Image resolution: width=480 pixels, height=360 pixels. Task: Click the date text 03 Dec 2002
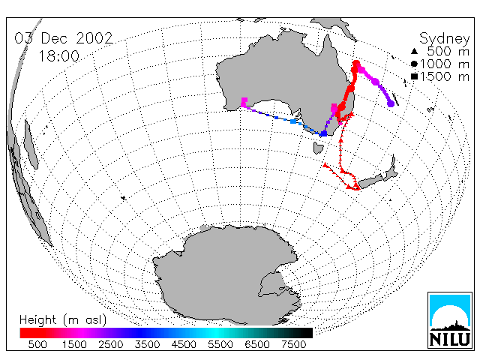click(64, 38)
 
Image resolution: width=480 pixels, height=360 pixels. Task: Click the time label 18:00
click(58, 56)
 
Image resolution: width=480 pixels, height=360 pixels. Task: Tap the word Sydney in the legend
click(444, 39)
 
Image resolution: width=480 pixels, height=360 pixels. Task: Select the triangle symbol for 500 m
click(414, 52)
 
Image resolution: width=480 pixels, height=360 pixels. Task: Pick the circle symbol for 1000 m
click(414, 64)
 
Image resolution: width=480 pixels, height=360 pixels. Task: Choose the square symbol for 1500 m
click(414, 76)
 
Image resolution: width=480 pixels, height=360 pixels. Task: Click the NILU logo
click(450, 320)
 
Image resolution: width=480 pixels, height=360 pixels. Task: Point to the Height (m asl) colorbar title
click(63, 320)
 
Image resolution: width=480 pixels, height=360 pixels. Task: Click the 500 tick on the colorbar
click(37, 345)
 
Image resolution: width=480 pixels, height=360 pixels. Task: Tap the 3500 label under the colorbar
click(147, 345)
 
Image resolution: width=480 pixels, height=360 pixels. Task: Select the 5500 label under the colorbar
click(220, 345)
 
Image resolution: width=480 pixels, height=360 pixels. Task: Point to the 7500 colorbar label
click(293, 345)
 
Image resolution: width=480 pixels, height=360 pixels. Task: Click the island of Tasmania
click(318, 148)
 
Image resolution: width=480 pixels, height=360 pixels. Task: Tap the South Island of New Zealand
click(370, 181)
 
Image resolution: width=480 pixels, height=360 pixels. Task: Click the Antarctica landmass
click(226, 275)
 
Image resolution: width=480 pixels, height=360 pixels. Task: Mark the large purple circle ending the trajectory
click(391, 104)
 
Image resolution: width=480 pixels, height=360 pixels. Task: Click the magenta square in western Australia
click(244, 102)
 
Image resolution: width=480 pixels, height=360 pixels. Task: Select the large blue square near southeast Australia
click(323, 133)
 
